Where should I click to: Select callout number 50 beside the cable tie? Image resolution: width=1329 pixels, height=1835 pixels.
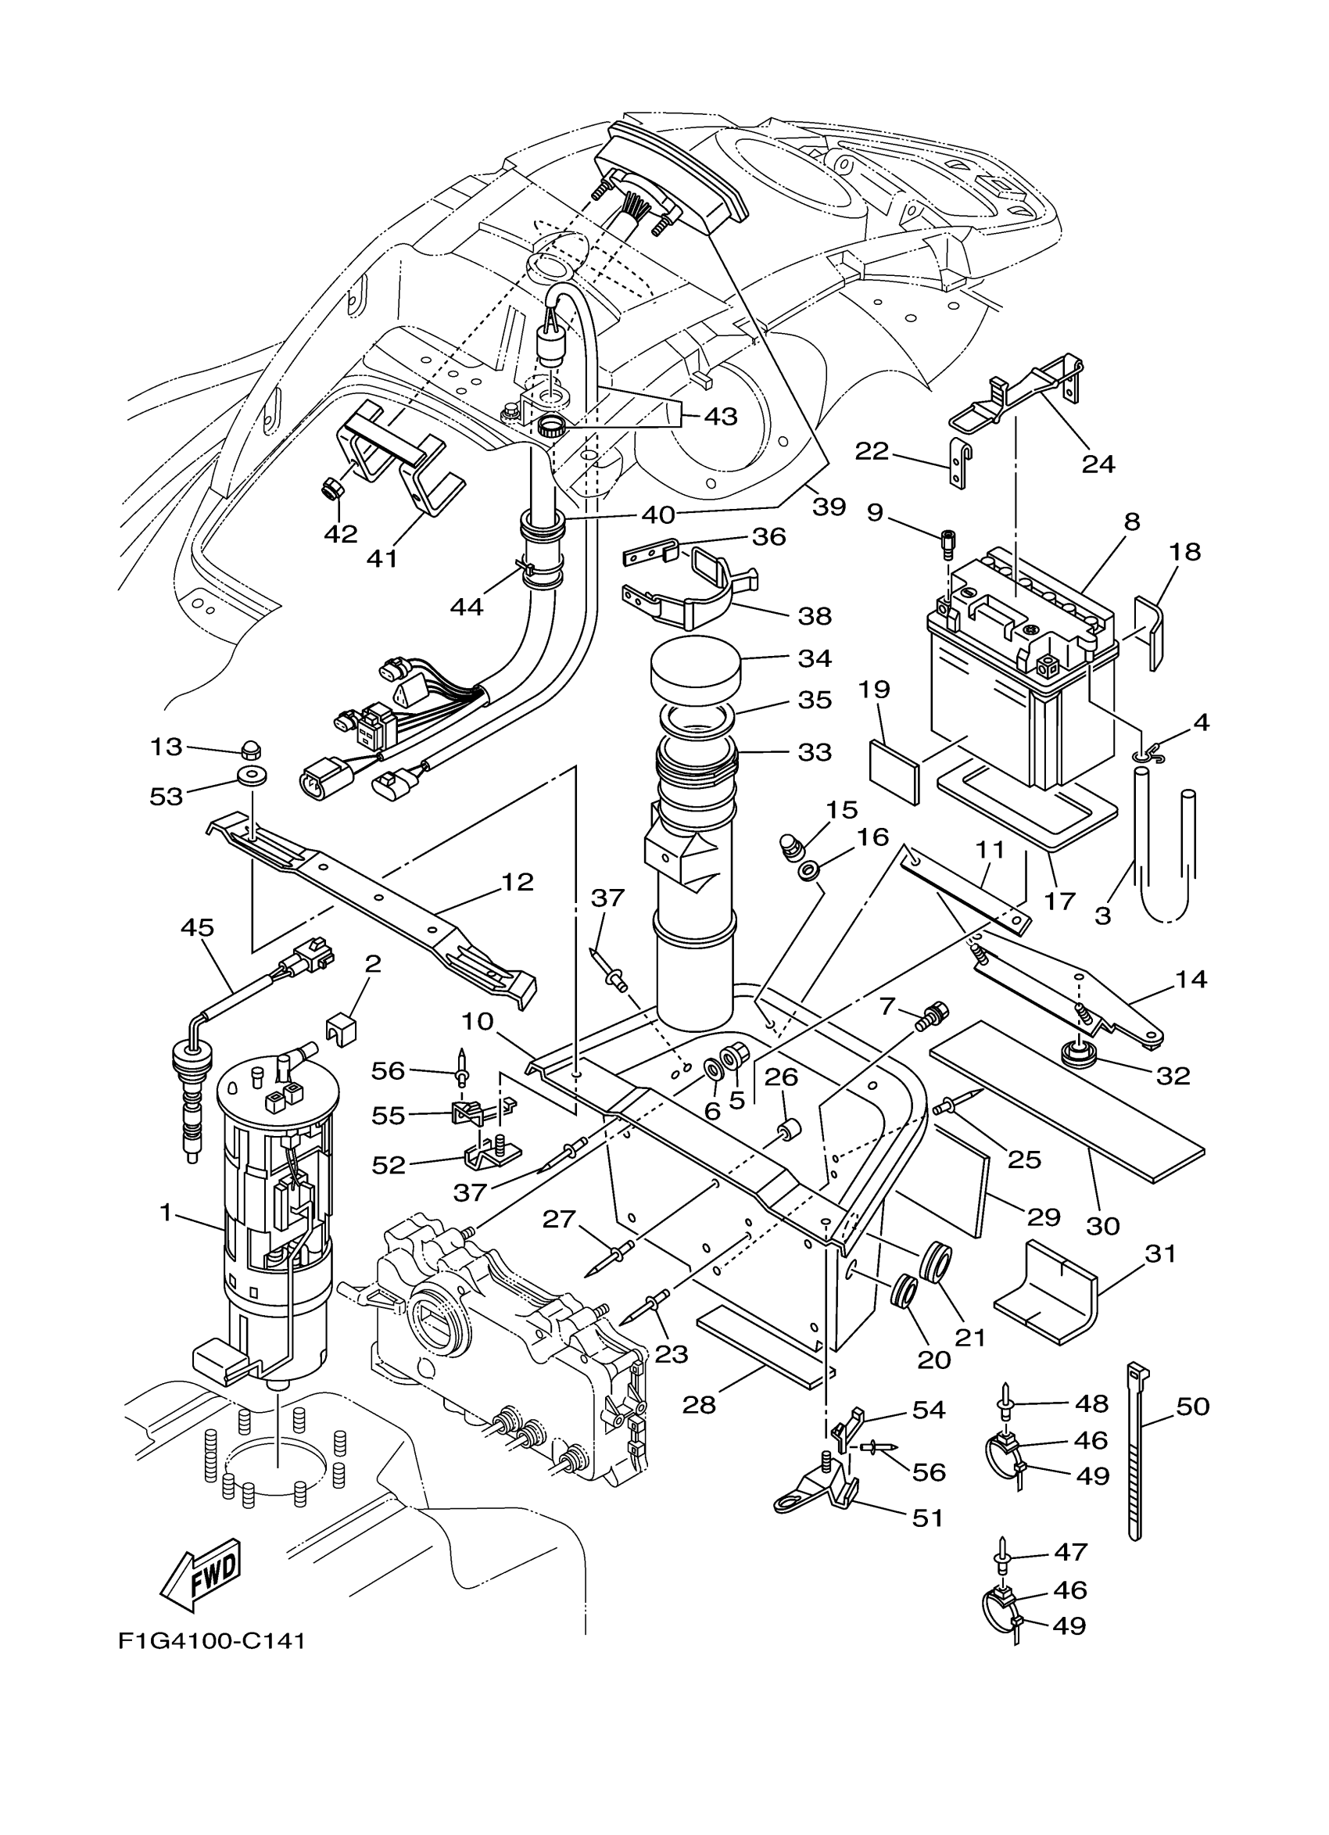click(1192, 1407)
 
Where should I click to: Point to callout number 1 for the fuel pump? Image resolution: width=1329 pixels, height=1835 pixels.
click(166, 1213)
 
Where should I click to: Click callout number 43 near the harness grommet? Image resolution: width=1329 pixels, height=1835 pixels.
click(720, 417)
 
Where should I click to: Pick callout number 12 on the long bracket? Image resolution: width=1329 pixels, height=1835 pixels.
click(518, 882)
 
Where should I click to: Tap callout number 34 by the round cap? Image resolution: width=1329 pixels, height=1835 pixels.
click(814, 658)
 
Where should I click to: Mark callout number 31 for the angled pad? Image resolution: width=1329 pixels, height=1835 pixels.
click(1160, 1253)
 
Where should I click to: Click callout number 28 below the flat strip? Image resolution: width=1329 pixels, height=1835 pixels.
click(699, 1403)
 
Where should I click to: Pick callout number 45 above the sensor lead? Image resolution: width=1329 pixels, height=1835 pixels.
click(197, 927)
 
